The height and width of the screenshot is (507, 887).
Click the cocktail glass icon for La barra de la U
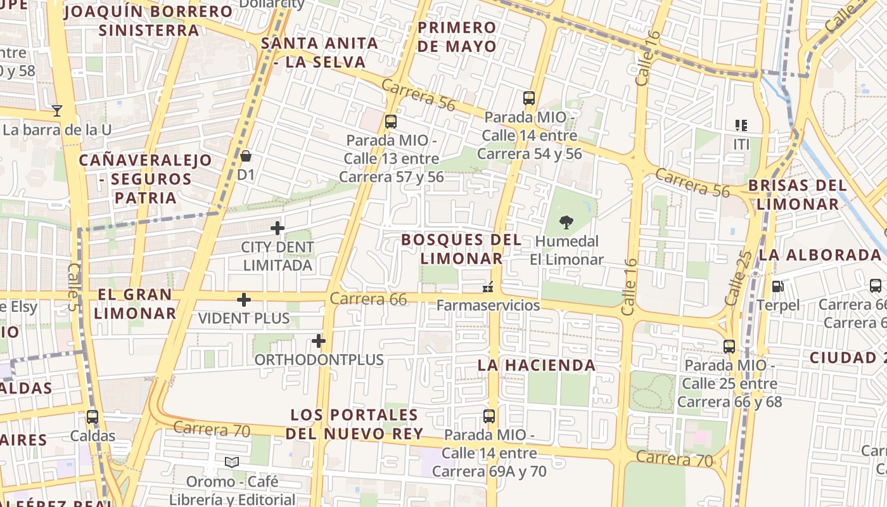(x=57, y=111)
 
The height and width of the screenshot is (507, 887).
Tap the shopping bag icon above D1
(x=246, y=155)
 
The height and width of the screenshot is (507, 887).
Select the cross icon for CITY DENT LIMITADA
(x=278, y=228)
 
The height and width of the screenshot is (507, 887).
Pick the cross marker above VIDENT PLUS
(x=244, y=300)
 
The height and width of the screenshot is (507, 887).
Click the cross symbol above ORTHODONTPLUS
(x=318, y=342)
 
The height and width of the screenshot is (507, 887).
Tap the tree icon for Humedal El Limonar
(x=566, y=222)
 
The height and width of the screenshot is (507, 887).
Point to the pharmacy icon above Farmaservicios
(x=488, y=287)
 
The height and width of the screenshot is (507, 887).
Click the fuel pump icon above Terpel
(x=777, y=286)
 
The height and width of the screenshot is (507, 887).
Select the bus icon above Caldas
(x=93, y=417)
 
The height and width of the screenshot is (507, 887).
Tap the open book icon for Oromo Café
(x=232, y=463)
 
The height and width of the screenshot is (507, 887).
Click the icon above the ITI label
(x=741, y=125)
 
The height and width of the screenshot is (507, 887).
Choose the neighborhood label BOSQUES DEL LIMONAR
(x=462, y=249)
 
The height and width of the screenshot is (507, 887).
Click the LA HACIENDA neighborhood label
(x=537, y=365)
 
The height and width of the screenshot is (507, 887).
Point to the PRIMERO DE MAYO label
(x=457, y=37)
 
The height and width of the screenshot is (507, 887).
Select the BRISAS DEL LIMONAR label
(x=798, y=195)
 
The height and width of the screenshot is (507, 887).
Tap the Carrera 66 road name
(x=368, y=298)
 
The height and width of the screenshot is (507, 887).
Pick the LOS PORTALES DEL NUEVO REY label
(x=354, y=424)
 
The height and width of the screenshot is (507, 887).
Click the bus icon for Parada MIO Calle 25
(x=729, y=347)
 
